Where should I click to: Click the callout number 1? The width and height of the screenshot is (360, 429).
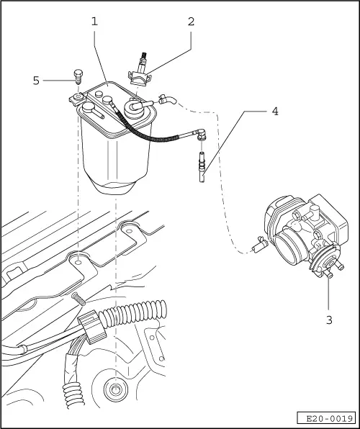click(94, 21)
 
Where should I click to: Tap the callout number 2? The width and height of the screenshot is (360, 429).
click(191, 21)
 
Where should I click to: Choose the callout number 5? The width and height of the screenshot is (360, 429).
click(36, 80)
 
